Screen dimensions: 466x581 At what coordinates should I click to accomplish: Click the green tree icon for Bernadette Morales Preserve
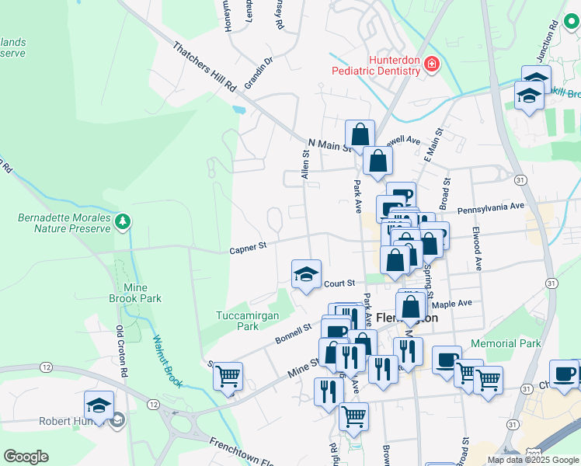122,223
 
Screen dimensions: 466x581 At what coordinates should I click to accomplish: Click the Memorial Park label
506,343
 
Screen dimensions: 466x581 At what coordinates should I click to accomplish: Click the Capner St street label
248,246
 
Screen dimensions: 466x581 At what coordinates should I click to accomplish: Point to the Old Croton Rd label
122,352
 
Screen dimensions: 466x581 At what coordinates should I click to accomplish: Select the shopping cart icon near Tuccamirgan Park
228,376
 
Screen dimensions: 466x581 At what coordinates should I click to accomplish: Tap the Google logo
26,457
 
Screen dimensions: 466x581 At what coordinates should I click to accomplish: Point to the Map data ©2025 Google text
532,460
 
